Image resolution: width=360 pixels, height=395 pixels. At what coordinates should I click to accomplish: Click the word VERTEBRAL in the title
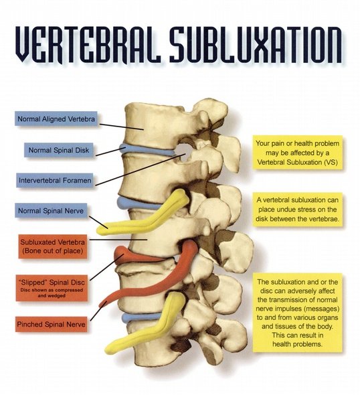[88, 44]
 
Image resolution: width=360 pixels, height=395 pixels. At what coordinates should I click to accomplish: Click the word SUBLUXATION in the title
[256, 44]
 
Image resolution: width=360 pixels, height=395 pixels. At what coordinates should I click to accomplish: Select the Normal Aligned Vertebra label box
[56, 118]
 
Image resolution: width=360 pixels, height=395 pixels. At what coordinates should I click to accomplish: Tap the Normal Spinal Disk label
[59, 150]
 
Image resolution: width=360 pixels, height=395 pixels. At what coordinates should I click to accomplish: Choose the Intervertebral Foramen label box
[55, 180]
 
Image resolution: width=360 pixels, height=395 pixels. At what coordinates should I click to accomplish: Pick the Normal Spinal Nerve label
[51, 211]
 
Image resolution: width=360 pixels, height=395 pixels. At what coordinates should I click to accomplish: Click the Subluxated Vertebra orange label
[53, 246]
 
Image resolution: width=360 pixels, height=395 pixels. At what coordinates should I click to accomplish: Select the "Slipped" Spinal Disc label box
[52, 288]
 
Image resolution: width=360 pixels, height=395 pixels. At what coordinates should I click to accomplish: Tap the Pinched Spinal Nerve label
[51, 324]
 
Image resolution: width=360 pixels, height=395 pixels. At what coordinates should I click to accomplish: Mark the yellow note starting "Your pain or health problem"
[298, 153]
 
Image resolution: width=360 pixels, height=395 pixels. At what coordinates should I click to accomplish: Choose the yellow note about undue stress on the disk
[298, 210]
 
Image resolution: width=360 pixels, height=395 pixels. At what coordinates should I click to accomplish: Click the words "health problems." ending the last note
[297, 344]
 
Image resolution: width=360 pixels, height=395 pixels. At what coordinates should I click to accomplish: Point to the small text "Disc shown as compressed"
[52, 290]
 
